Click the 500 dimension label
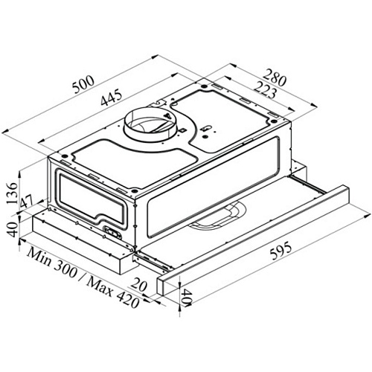pyautogui.click(x=83, y=84)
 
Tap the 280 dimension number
pyautogui.click(x=275, y=78)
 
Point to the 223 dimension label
pyautogui.click(x=265, y=90)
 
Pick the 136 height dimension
pyautogui.click(x=12, y=193)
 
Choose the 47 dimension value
pyautogui.click(x=28, y=202)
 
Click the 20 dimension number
pyautogui.click(x=139, y=284)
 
